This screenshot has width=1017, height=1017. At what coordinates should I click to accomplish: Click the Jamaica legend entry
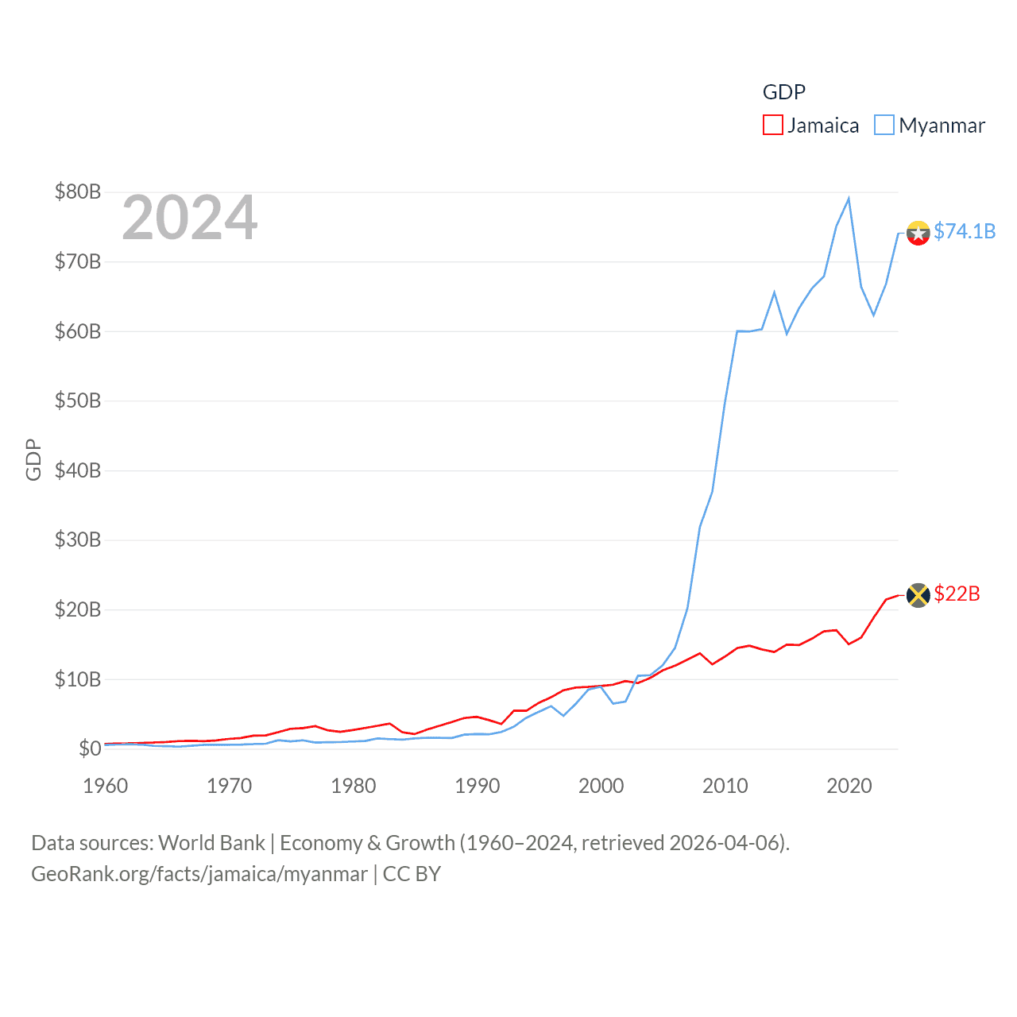[811, 126]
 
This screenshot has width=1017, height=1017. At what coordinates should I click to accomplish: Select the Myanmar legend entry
[930, 126]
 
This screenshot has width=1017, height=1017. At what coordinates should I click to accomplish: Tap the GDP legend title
[783, 92]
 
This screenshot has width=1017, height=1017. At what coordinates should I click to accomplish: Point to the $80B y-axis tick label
[77, 191]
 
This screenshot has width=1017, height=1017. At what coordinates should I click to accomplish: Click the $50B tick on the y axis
[77, 400]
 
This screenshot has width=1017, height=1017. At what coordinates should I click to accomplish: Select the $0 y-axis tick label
[90, 748]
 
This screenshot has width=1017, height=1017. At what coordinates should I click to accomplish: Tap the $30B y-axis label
[77, 540]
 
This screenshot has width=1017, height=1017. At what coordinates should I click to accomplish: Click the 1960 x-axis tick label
[105, 786]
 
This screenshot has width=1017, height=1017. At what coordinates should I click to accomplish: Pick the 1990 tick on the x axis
[477, 786]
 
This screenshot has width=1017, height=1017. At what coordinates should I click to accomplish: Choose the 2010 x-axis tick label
[725, 786]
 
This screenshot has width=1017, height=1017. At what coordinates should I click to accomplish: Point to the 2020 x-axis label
[849, 786]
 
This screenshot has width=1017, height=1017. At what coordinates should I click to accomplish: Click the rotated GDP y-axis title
[33, 459]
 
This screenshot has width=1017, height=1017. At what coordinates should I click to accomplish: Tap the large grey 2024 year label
[189, 218]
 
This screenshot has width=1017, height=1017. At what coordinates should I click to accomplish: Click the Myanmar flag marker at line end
[918, 233]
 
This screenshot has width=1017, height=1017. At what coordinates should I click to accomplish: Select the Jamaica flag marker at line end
[918, 595]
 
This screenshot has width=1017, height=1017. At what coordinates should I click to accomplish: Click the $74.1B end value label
[964, 231]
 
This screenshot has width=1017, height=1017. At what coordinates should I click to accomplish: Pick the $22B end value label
[957, 594]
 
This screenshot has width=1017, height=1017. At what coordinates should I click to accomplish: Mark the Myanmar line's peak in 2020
[849, 199]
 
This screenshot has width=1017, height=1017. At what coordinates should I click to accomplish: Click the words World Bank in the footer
[211, 843]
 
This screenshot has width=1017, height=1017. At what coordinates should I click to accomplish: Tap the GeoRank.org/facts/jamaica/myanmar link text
[199, 874]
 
